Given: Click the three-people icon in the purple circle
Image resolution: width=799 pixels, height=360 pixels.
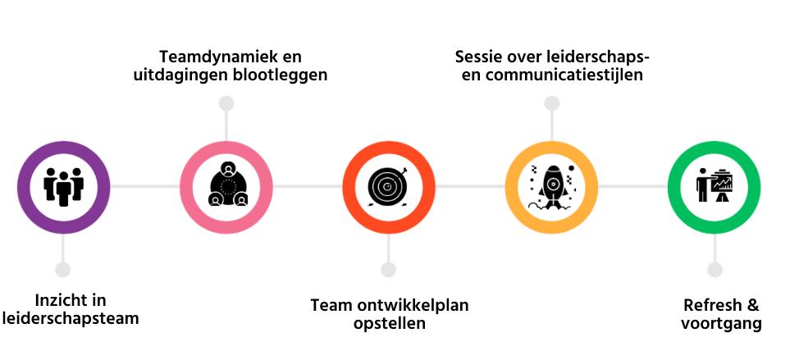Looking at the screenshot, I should tap(63, 186).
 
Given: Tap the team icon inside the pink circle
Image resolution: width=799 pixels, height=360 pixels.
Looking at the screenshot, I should tap(226, 186).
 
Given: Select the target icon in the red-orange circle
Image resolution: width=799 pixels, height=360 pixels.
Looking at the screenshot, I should tap(389, 186).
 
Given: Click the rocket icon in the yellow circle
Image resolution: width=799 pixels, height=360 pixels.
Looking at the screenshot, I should tap(552, 186).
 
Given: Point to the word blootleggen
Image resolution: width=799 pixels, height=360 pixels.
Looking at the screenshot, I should tap(279, 75).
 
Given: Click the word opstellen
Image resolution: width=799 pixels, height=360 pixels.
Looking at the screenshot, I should tap(389, 323).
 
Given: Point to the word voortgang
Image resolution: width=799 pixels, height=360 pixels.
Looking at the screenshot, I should tap(721, 323).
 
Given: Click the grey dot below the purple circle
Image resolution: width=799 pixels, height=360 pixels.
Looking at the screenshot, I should tap(62, 270).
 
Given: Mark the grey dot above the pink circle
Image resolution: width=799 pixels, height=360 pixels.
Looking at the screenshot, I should tap(226, 103).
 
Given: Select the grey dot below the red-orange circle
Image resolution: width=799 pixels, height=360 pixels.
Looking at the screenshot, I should tap(389, 270).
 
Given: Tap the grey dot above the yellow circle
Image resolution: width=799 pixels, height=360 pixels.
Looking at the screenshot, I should tap(552, 103).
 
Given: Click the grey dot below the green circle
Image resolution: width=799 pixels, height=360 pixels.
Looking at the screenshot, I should tap(715, 270).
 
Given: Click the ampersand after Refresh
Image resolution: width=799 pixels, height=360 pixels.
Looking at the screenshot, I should tap(751, 305).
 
